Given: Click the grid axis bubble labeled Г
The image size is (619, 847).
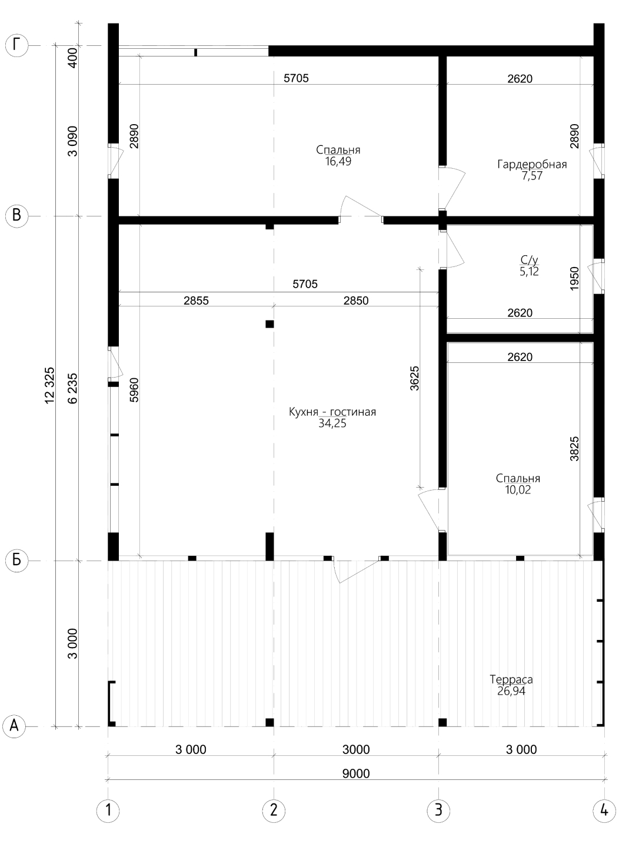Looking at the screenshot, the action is (16, 46).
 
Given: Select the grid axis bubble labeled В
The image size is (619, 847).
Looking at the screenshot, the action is (16, 216).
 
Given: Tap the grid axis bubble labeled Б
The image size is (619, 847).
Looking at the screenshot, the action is (16, 560).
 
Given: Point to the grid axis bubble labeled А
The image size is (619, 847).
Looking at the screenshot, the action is (14, 726).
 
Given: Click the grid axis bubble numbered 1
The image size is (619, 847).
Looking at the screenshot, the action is (108, 811).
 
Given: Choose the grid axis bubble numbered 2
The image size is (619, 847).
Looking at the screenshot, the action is (274, 811).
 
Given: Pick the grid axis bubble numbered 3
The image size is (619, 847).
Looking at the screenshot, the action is (439, 811).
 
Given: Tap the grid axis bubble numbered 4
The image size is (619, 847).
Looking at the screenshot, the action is (604, 811).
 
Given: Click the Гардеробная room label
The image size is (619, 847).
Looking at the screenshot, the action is (532, 165).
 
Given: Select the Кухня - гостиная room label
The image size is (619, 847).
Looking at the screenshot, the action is (332, 412).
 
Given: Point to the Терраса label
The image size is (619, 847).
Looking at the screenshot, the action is (511, 679).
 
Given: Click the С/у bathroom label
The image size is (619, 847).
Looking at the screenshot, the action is (529, 260).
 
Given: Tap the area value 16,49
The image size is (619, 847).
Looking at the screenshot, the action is (338, 162).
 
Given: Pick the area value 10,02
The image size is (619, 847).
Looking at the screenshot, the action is (518, 490).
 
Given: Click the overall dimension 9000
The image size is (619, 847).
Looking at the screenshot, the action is (356, 773).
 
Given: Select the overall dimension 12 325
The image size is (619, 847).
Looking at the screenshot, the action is (49, 386).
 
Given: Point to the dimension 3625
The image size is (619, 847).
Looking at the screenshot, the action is (414, 378).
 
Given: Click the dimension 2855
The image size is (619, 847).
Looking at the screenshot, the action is (196, 301).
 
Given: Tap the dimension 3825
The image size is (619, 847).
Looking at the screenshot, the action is (574, 448).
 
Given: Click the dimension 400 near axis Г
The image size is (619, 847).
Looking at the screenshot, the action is (73, 58).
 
